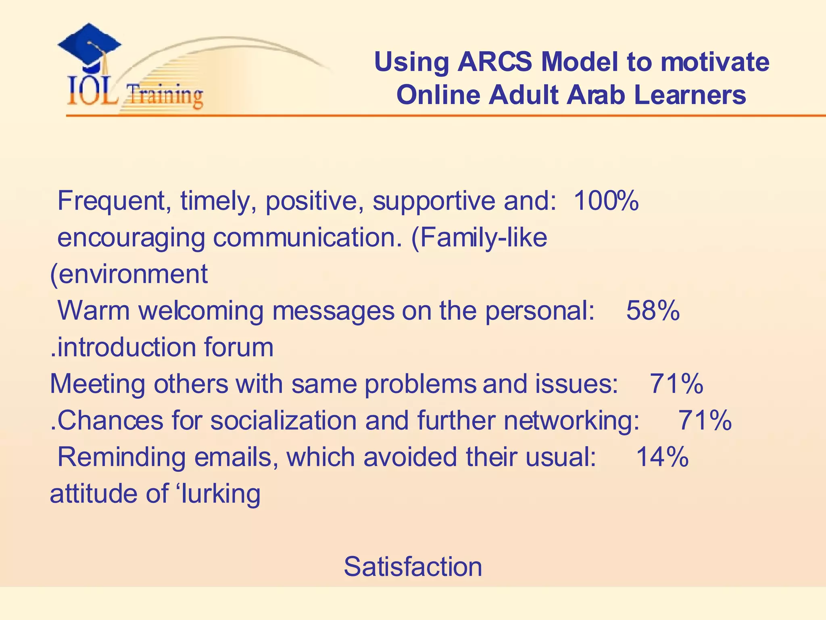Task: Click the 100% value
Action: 606,201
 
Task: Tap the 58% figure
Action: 653,310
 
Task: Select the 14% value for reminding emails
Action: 662,457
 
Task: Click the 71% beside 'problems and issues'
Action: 676,383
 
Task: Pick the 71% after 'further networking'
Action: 705,420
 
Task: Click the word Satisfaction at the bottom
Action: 413,566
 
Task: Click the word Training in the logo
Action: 164,95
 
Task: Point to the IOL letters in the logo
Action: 92,91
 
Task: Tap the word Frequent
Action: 112,201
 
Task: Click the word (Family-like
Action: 479,237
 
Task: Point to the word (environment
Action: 129,274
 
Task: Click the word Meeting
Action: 97,383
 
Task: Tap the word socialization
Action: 284,420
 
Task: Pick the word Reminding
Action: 121,457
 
